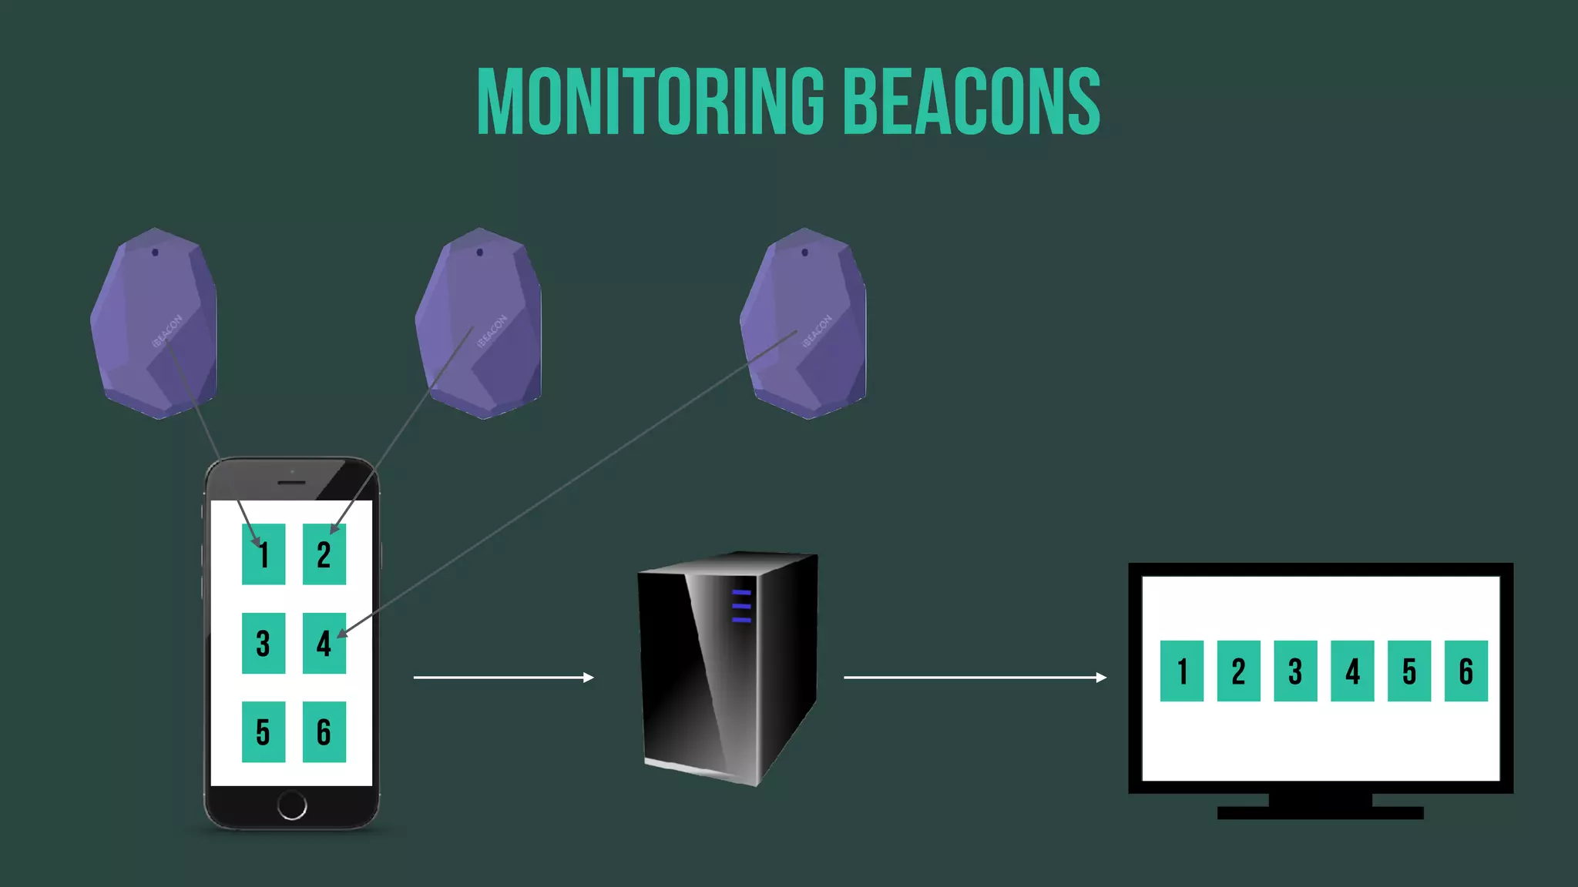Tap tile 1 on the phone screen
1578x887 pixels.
(264, 554)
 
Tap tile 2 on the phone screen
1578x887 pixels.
(324, 554)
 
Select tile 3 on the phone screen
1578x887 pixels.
(264, 643)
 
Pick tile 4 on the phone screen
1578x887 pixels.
(324, 643)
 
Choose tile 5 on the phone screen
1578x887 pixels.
(264, 731)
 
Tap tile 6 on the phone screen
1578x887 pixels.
(324, 731)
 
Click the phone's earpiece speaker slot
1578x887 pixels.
(291, 483)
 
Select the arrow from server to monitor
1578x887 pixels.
(975, 678)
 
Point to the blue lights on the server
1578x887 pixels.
(741, 606)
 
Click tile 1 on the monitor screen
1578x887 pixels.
(1182, 671)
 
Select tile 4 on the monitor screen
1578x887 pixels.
(1352, 671)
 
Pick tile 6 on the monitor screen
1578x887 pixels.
(1466, 671)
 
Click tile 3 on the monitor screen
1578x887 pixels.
(1295, 671)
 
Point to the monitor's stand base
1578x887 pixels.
(1320, 812)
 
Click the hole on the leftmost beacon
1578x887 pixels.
(156, 253)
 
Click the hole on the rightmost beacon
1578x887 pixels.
(805, 253)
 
